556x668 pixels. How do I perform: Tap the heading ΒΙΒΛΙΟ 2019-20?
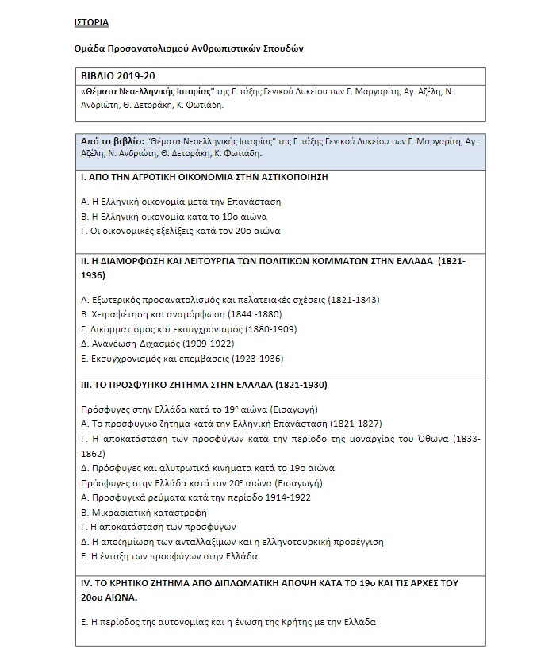(x=113, y=77)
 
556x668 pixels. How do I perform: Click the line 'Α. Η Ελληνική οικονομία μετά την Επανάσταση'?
(x=181, y=202)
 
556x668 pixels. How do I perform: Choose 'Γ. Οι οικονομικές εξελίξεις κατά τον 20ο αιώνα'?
(x=181, y=232)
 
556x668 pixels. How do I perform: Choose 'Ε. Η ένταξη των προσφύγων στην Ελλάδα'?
(x=170, y=556)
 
